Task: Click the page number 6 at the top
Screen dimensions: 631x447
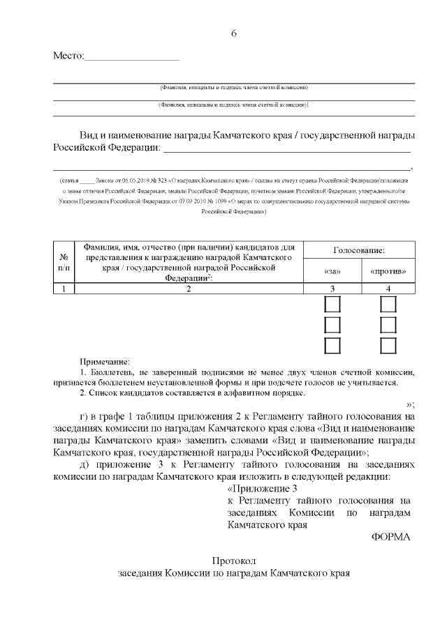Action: click(234, 34)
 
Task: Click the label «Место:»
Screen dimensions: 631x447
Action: click(68, 56)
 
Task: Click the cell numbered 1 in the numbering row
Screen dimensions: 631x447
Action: click(64, 289)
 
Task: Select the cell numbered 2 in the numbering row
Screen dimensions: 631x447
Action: click(189, 289)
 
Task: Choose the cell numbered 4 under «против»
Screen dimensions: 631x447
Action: click(388, 289)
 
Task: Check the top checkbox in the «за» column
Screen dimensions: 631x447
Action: click(332, 305)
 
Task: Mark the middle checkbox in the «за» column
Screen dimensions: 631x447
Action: click(332, 325)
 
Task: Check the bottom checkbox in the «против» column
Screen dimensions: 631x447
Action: click(388, 345)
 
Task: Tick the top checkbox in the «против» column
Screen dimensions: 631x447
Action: click(388, 305)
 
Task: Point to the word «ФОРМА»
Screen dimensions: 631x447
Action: click(391, 537)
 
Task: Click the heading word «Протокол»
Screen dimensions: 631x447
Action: click(235, 561)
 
